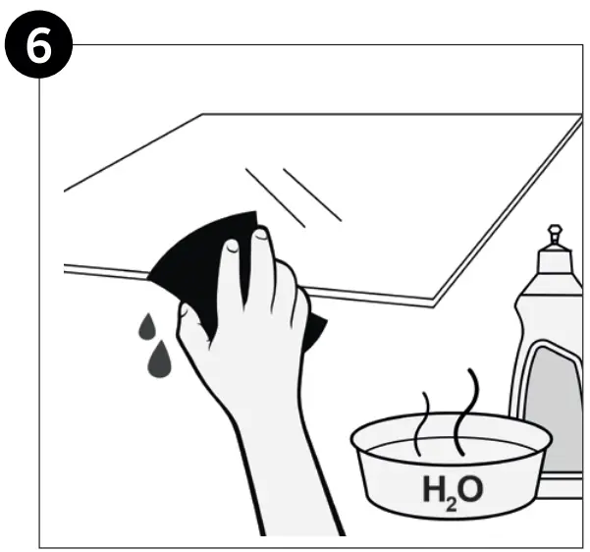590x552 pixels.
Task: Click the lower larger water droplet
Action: pos(158,360)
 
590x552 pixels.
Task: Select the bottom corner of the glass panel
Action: pos(435,304)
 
